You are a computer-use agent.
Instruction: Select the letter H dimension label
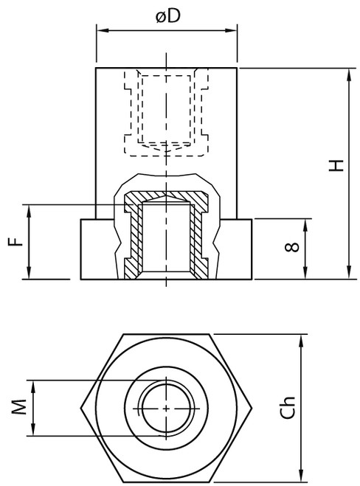[336, 165]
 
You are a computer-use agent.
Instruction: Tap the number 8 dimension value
[292, 247]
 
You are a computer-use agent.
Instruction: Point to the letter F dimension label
[15, 241]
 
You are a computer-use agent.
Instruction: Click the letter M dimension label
[19, 407]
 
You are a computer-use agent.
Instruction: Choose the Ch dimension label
[288, 408]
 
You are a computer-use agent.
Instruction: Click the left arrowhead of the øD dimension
[103, 30]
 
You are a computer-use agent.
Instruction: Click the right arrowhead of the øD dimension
[231, 30]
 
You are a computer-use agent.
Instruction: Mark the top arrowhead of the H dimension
[349, 74]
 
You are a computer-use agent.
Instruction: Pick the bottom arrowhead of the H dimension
[349, 273]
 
